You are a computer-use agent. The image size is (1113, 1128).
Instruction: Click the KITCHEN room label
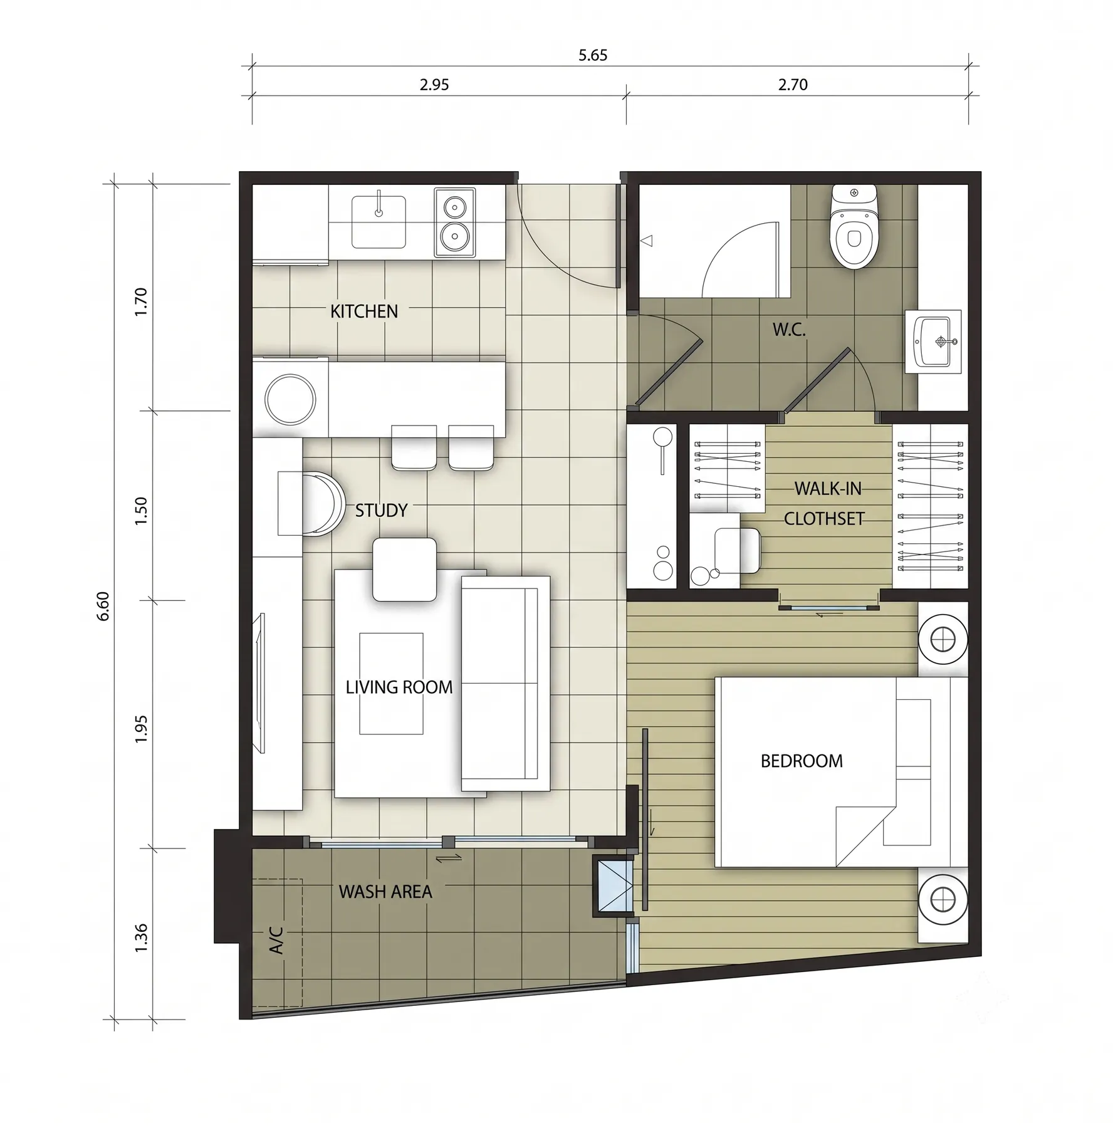coord(363,311)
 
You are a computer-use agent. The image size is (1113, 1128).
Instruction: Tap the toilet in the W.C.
coord(854,226)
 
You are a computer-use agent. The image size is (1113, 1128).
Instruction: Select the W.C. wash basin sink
coord(933,342)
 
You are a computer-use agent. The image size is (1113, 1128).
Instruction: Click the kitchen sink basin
coord(378,222)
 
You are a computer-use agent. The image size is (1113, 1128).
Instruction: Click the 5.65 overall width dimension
coord(593,55)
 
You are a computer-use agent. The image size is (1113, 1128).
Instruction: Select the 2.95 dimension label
coord(434,85)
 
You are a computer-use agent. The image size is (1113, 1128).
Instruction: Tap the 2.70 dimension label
coord(793,85)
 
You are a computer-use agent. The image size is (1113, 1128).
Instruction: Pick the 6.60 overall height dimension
coord(104,606)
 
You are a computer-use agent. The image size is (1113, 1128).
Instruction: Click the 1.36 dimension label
coord(141,938)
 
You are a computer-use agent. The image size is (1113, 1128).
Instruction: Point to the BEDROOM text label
coord(802,761)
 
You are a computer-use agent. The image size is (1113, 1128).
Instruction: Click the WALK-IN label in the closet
coord(828,489)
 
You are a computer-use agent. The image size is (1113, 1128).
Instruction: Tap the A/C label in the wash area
coord(276,940)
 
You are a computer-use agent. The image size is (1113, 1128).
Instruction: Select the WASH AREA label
coord(385,892)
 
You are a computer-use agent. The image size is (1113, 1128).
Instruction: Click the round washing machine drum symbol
coord(290,399)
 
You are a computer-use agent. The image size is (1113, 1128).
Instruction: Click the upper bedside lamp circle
coord(943,640)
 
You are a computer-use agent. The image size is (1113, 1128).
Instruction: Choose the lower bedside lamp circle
coord(943,899)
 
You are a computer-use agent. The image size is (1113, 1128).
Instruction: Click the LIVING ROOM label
coord(399,687)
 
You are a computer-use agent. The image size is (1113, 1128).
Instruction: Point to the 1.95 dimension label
coord(141,729)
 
